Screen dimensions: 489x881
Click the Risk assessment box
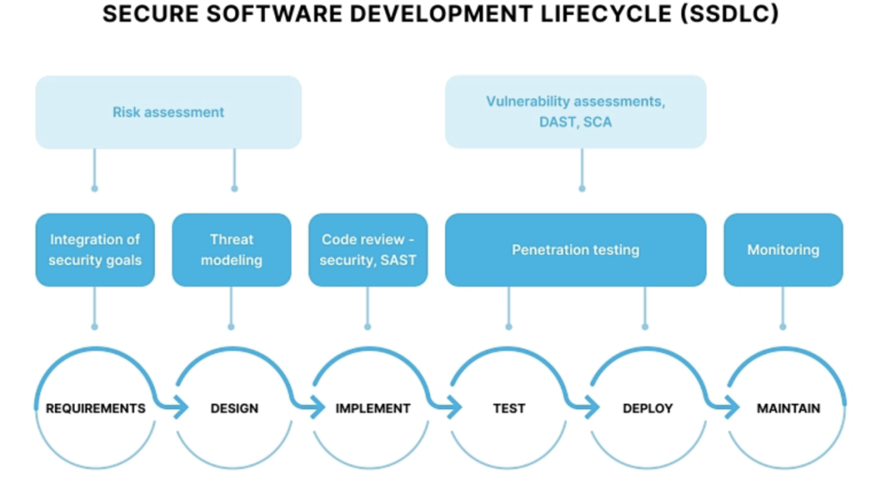click(168, 112)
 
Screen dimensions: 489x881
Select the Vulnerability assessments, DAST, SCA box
click(575, 112)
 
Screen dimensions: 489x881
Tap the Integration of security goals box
click(95, 250)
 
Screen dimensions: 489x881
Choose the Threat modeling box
click(231, 250)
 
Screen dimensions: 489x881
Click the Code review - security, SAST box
click(367, 250)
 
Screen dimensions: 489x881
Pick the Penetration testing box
click(575, 250)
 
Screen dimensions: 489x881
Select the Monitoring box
click(782, 250)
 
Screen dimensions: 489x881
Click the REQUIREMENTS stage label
click(95, 408)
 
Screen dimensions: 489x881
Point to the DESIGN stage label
click(234, 408)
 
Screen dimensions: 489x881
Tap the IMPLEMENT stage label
click(373, 408)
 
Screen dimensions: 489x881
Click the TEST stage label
click(508, 408)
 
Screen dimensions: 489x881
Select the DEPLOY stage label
click(647, 408)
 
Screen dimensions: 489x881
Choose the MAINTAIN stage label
click(788, 408)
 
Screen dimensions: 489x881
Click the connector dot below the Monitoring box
click(782, 327)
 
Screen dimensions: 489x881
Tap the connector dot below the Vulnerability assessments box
click(582, 189)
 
